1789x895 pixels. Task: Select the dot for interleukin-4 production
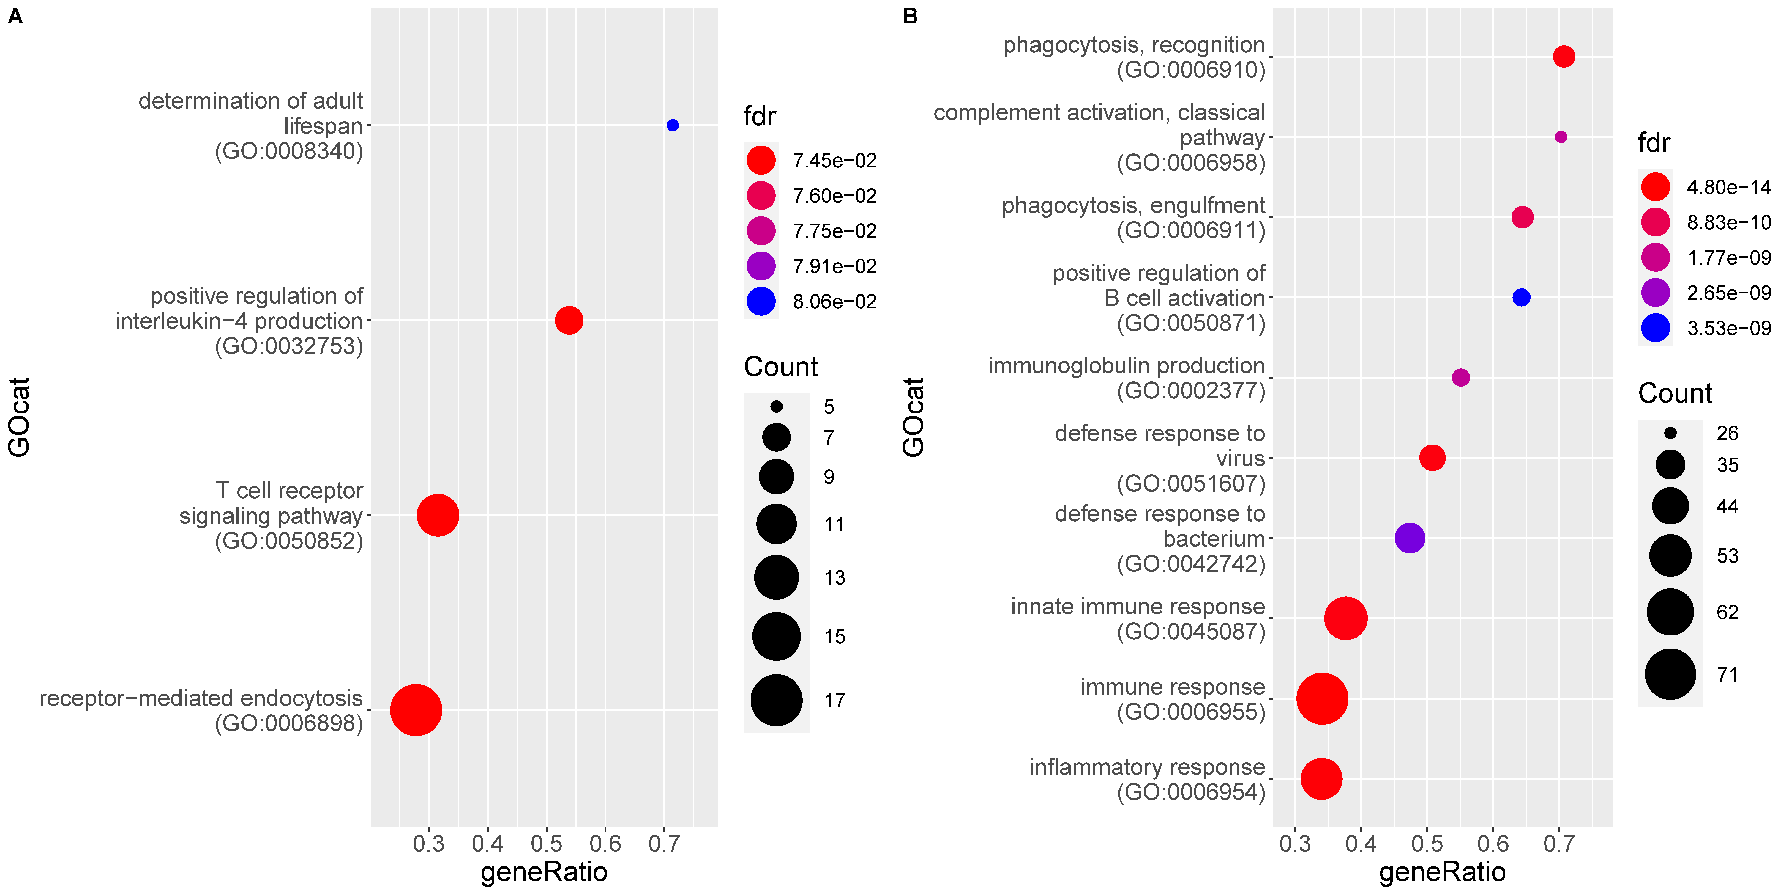click(x=569, y=320)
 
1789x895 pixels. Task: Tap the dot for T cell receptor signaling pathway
click(x=438, y=515)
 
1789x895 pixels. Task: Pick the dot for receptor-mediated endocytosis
click(x=415, y=709)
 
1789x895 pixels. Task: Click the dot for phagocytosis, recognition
click(x=1563, y=56)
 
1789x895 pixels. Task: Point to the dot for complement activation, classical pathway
click(x=1561, y=137)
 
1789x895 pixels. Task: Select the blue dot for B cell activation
click(x=1521, y=297)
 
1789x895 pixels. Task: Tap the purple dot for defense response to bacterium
click(x=1409, y=538)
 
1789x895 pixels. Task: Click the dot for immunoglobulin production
click(x=1460, y=377)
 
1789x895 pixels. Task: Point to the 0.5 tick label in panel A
click(x=546, y=844)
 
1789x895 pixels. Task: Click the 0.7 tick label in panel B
click(x=1558, y=844)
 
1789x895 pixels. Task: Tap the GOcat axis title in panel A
click(x=19, y=417)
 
